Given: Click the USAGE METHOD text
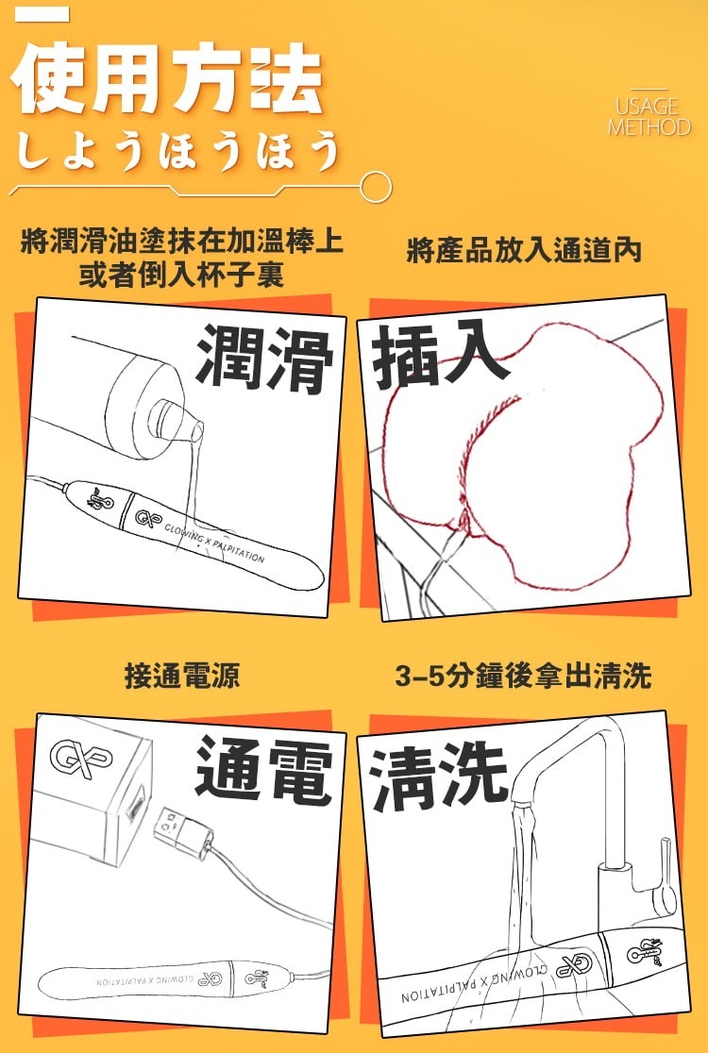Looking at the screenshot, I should tap(649, 118).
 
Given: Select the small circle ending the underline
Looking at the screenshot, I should tap(377, 187).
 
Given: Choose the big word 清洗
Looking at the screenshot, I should tap(439, 778).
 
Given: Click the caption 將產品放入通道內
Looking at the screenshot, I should tap(524, 251).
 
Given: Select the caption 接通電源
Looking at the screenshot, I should tap(182, 676).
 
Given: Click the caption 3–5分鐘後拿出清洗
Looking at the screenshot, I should tap(524, 676).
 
